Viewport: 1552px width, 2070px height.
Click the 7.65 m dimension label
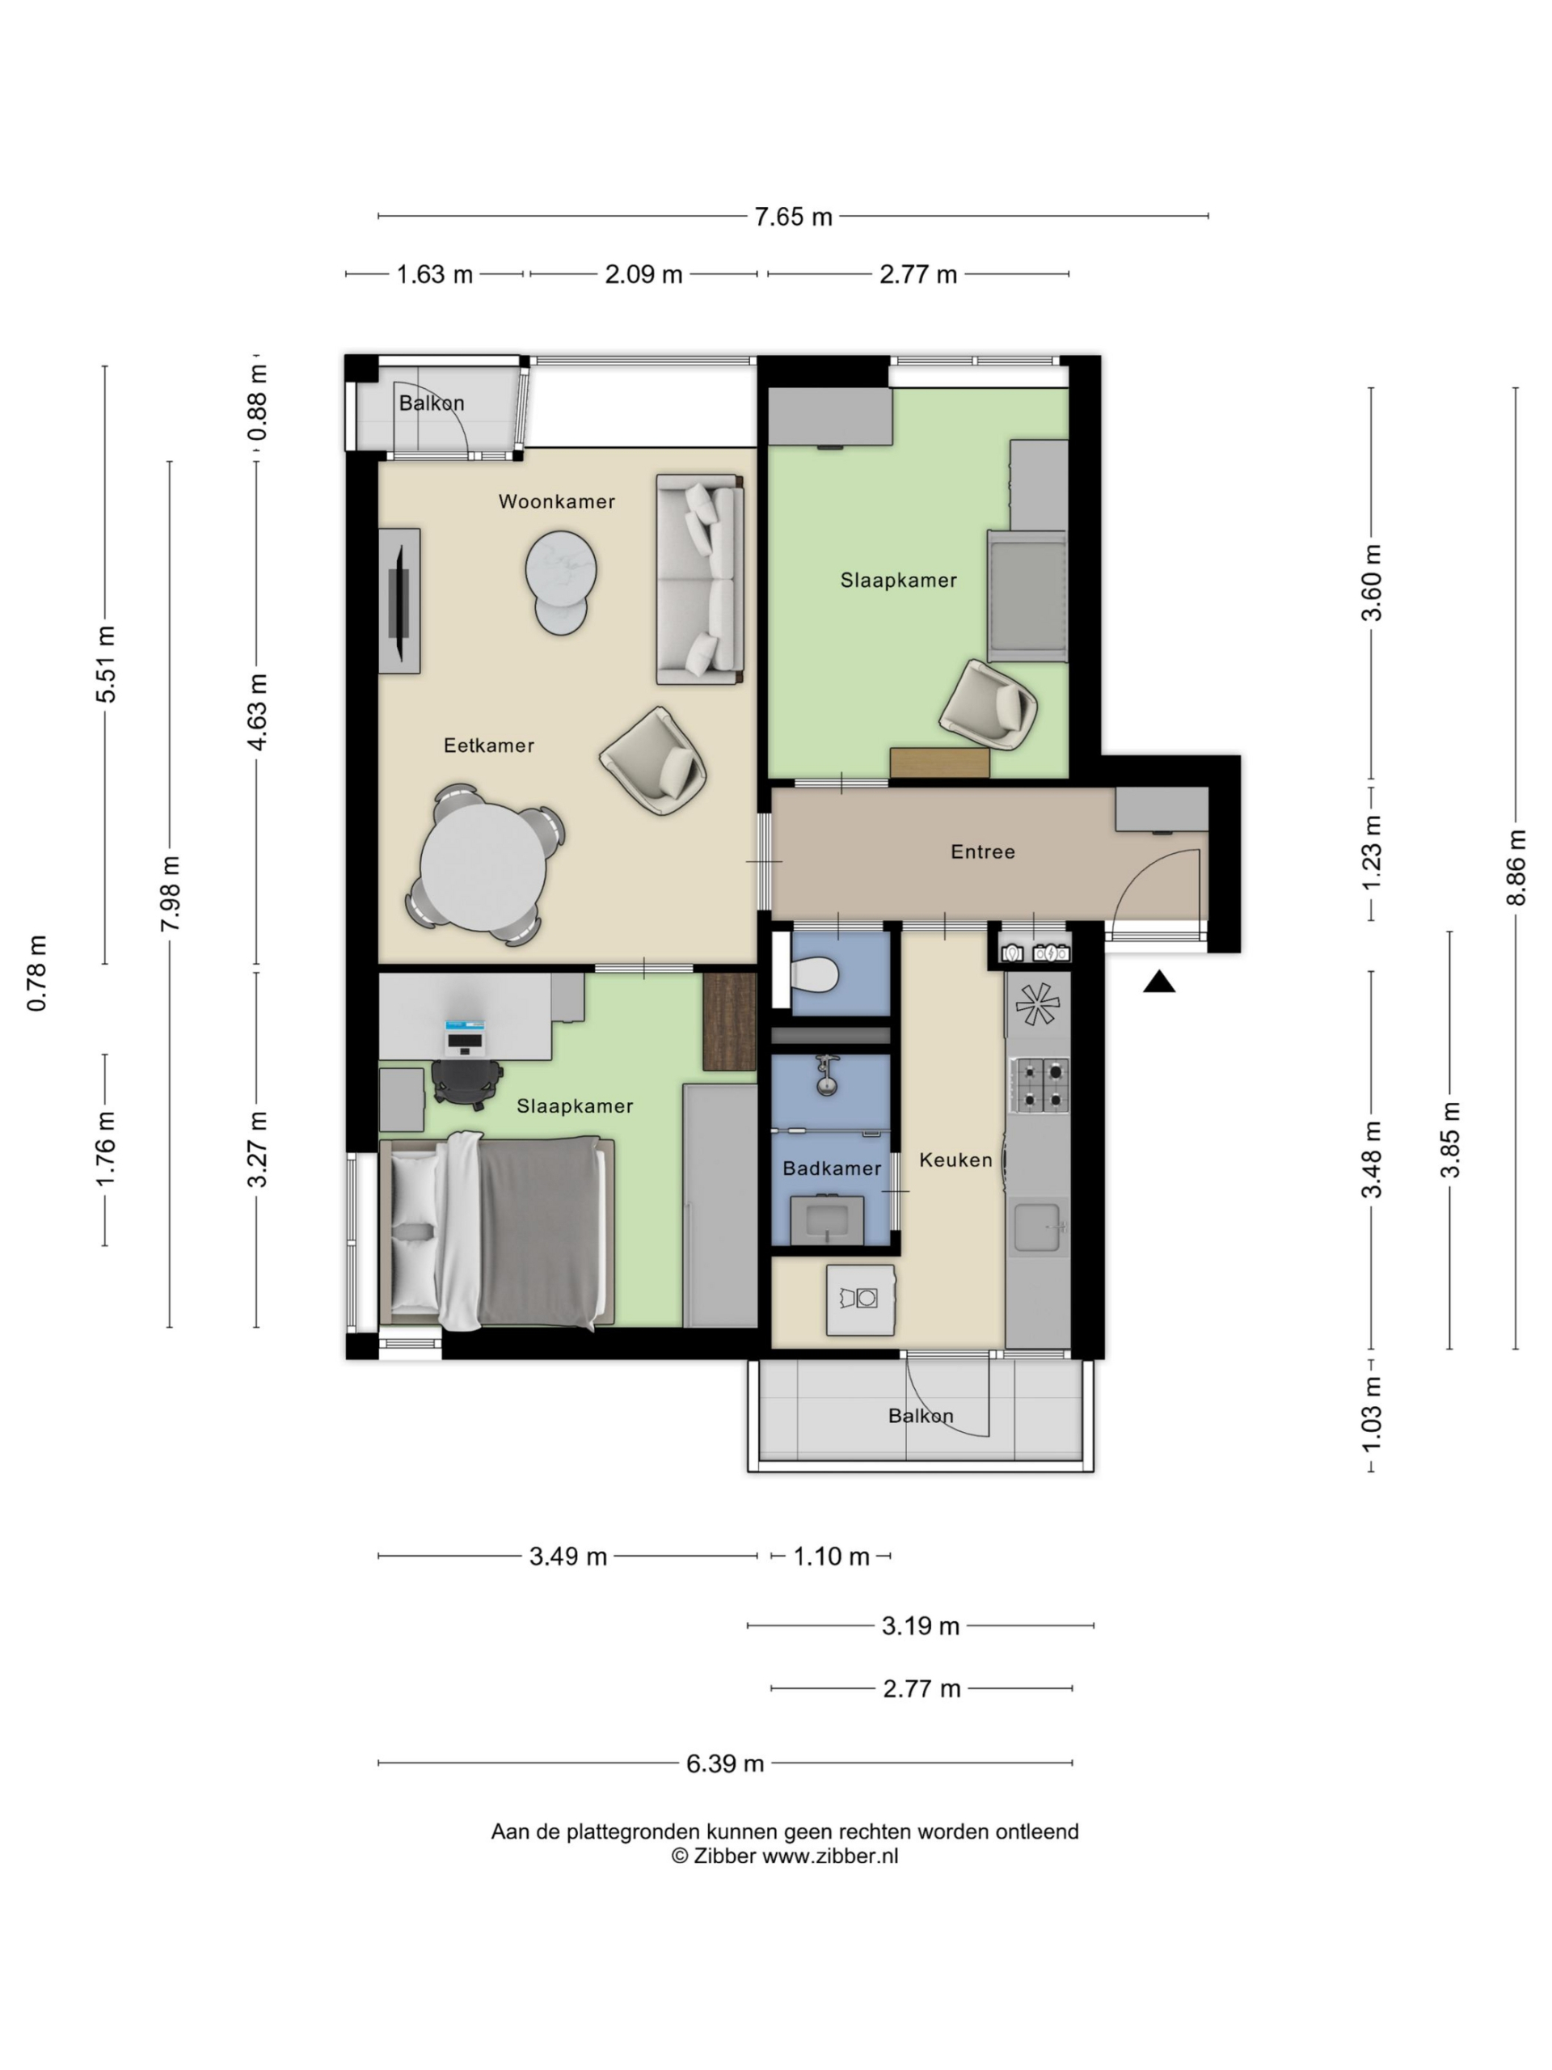point(792,216)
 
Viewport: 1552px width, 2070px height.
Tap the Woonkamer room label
point(557,501)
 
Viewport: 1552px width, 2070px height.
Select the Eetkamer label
point(488,746)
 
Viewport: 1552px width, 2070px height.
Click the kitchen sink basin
point(1040,1227)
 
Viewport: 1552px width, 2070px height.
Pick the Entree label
point(982,851)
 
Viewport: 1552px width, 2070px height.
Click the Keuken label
point(955,1160)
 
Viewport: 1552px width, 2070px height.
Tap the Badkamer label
point(832,1168)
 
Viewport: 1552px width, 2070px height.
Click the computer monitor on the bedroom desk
point(465,1035)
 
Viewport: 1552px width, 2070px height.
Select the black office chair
point(466,1084)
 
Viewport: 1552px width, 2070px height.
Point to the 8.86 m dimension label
point(1516,868)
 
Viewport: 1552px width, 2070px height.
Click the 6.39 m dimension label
point(725,1764)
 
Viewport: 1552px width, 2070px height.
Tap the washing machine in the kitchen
point(860,1300)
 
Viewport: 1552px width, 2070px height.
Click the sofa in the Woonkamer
point(700,579)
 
